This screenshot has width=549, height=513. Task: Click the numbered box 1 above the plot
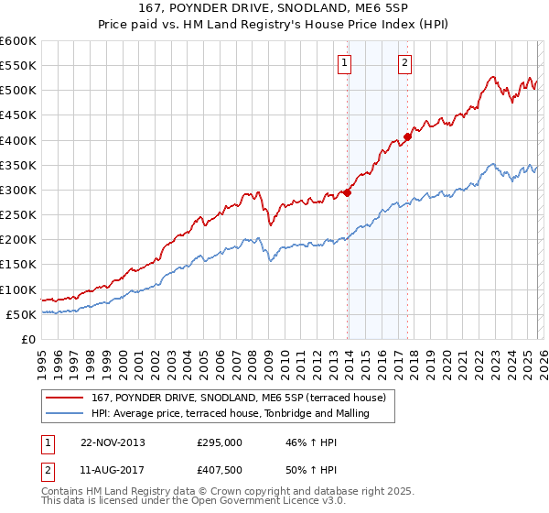[x=345, y=63]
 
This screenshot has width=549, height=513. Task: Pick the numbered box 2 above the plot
[x=404, y=63]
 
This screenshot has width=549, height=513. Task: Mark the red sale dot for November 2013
[x=348, y=192]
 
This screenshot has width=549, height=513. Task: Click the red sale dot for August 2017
[x=407, y=136]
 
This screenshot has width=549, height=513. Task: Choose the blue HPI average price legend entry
[x=230, y=413]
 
